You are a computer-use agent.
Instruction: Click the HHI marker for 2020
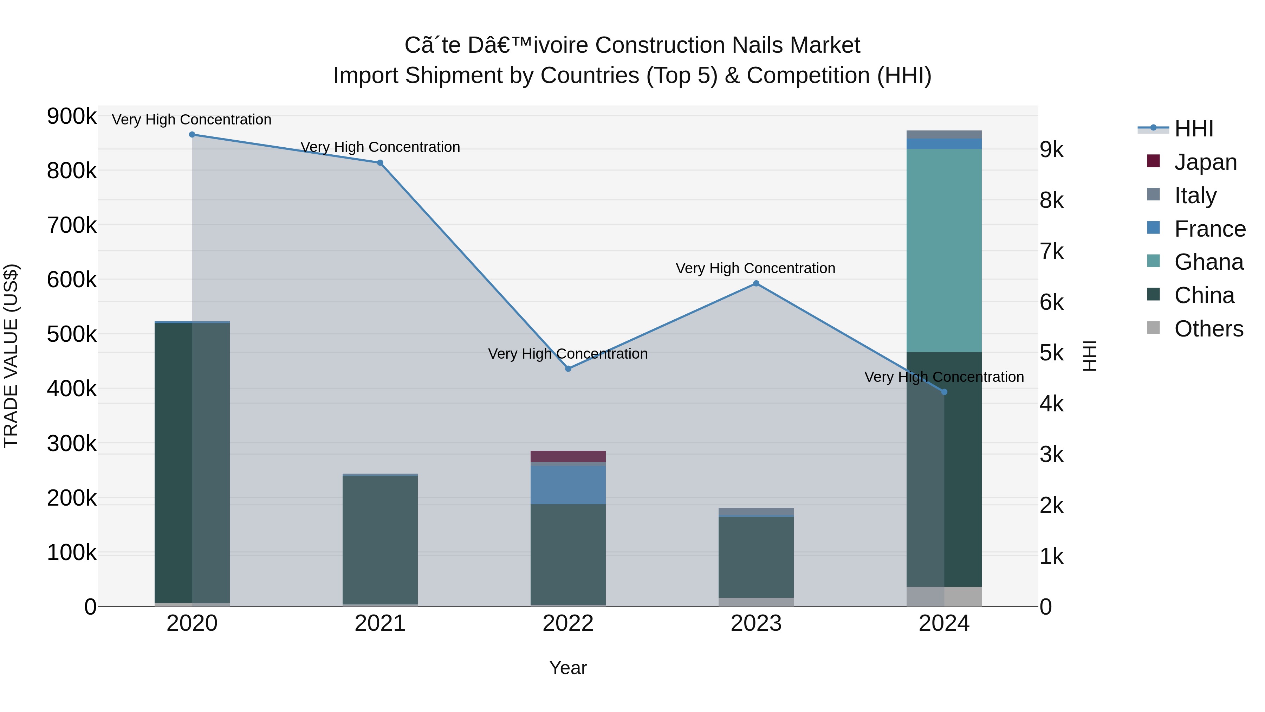(192, 135)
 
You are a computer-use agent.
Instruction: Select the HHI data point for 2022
(568, 368)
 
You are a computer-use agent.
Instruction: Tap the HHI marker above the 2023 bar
(756, 283)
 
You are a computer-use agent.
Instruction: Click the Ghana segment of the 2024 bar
(944, 251)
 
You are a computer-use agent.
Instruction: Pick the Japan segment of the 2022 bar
(568, 456)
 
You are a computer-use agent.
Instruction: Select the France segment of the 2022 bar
(568, 485)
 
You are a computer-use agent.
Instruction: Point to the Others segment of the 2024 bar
(944, 597)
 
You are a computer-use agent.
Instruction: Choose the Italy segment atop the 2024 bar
(944, 135)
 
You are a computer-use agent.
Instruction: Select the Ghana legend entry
(1208, 262)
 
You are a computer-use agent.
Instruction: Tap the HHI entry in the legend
(1193, 129)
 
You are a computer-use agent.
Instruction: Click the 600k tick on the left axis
(72, 280)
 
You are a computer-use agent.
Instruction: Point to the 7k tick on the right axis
(1051, 252)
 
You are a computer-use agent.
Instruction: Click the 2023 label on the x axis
(756, 623)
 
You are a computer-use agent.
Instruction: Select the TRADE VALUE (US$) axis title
(11, 356)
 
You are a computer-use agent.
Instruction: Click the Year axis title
(568, 668)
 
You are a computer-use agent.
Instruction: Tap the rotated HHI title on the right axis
(1090, 356)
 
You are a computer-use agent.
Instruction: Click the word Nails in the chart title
(758, 45)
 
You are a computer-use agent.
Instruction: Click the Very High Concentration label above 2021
(380, 147)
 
